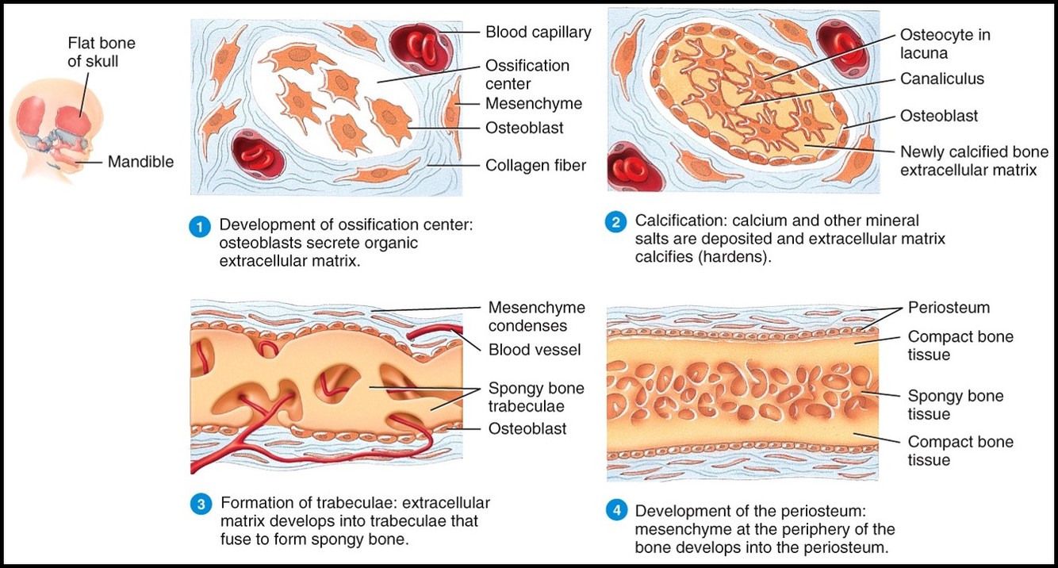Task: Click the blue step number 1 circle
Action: pyautogui.click(x=197, y=226)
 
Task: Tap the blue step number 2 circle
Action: pyautogui.click(x=615, y=222)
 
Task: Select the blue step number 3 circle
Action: pyautogui.click(x=201, y=505)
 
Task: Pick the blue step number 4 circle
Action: pyautogui.click(x=615, y=512)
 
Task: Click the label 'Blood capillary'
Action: pyautogui.click(x=538, y=33)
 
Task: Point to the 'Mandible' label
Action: pyautogui.click(x=140, y=162)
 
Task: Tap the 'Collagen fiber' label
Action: pyautogui.click(x=535, y=165)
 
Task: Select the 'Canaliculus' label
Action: pyautogui.click(x=941, y=79)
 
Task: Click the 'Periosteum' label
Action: pyautogui.click(x=949, y=308)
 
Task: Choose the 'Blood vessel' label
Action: pyautogui.click(x=535, y=349)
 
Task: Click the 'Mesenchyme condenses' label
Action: pyautogui.click(x=536, y=317)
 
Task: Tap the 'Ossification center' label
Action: pyautogui.click(x=527, y=74)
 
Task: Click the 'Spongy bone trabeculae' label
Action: pyautogui.click(x=536, y=397)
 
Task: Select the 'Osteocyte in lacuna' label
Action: pyautogui.click(x=945, y=44)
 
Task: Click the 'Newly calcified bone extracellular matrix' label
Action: pyautogui.click(x=974, y=160)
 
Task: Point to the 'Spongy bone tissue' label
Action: pyautogui.click(x=955, y=405)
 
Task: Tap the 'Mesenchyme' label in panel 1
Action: pyautogui.click(x=533, y=104)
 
